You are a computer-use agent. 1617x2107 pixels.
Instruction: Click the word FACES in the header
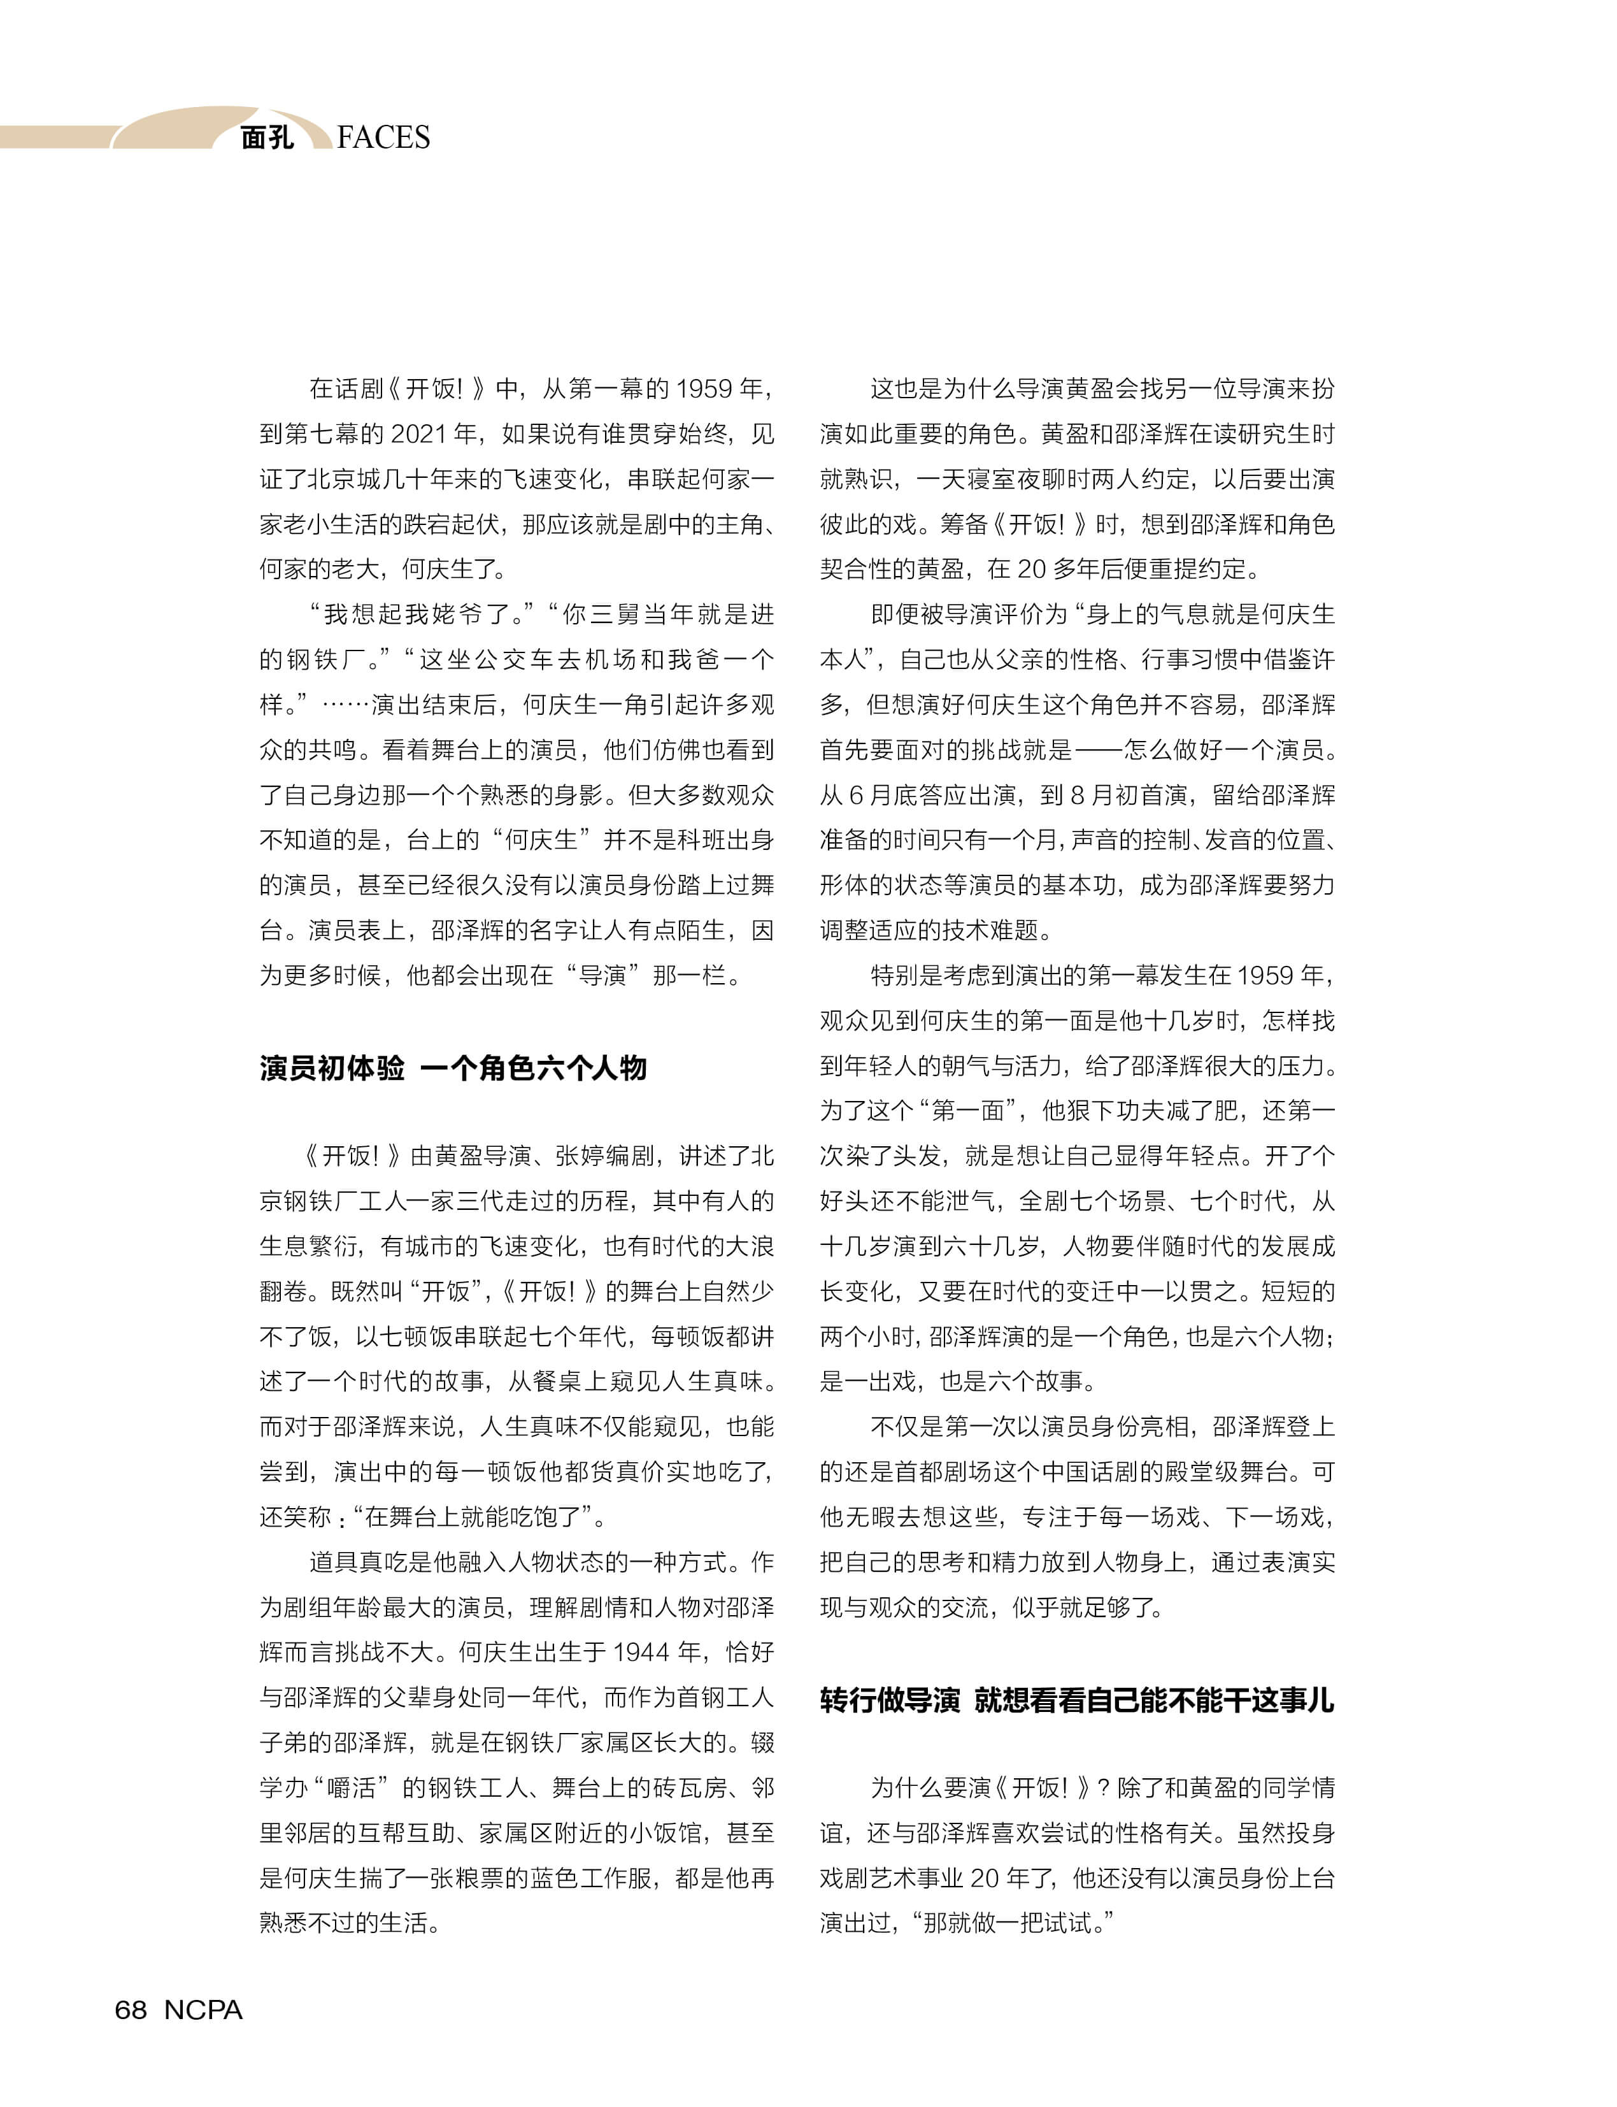(383, 138)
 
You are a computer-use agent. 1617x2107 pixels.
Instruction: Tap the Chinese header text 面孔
(267, 138)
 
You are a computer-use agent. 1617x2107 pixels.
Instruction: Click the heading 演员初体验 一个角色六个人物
(452, 1068)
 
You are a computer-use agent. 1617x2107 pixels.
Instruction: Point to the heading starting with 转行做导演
(1077, 1700)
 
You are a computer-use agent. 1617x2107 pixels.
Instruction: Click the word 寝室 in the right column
(996, 480)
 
